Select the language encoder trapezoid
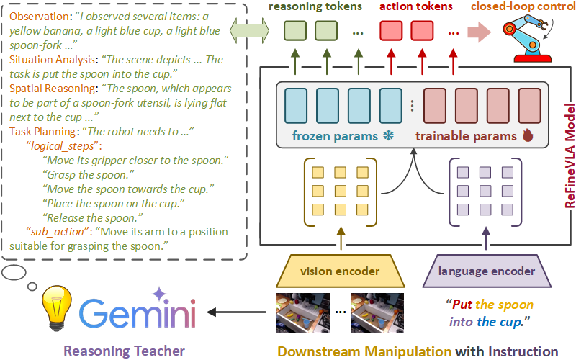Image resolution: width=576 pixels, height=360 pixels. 487,271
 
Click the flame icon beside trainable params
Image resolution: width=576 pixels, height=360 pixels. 527,136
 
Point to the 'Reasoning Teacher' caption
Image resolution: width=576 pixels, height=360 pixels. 124,351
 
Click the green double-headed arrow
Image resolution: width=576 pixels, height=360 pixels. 248,31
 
